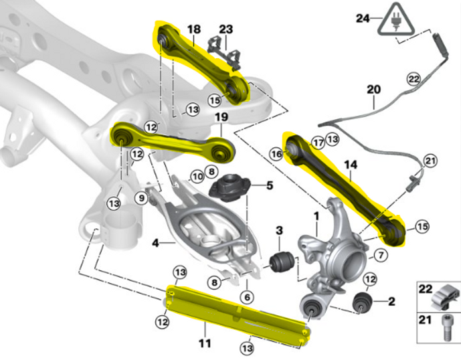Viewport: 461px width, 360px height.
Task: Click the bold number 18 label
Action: (x=193, y=29)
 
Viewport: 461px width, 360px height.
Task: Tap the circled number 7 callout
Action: (x=379, y=255)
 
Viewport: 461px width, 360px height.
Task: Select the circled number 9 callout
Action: (x=141, y=197)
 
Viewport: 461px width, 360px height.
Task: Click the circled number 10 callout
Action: (x=196, y=177)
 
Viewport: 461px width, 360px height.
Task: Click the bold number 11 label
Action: (x=205, y=343)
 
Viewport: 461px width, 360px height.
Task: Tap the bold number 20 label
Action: (x=373, y=88)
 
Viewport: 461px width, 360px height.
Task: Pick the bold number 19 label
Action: (x=221, y=118)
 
